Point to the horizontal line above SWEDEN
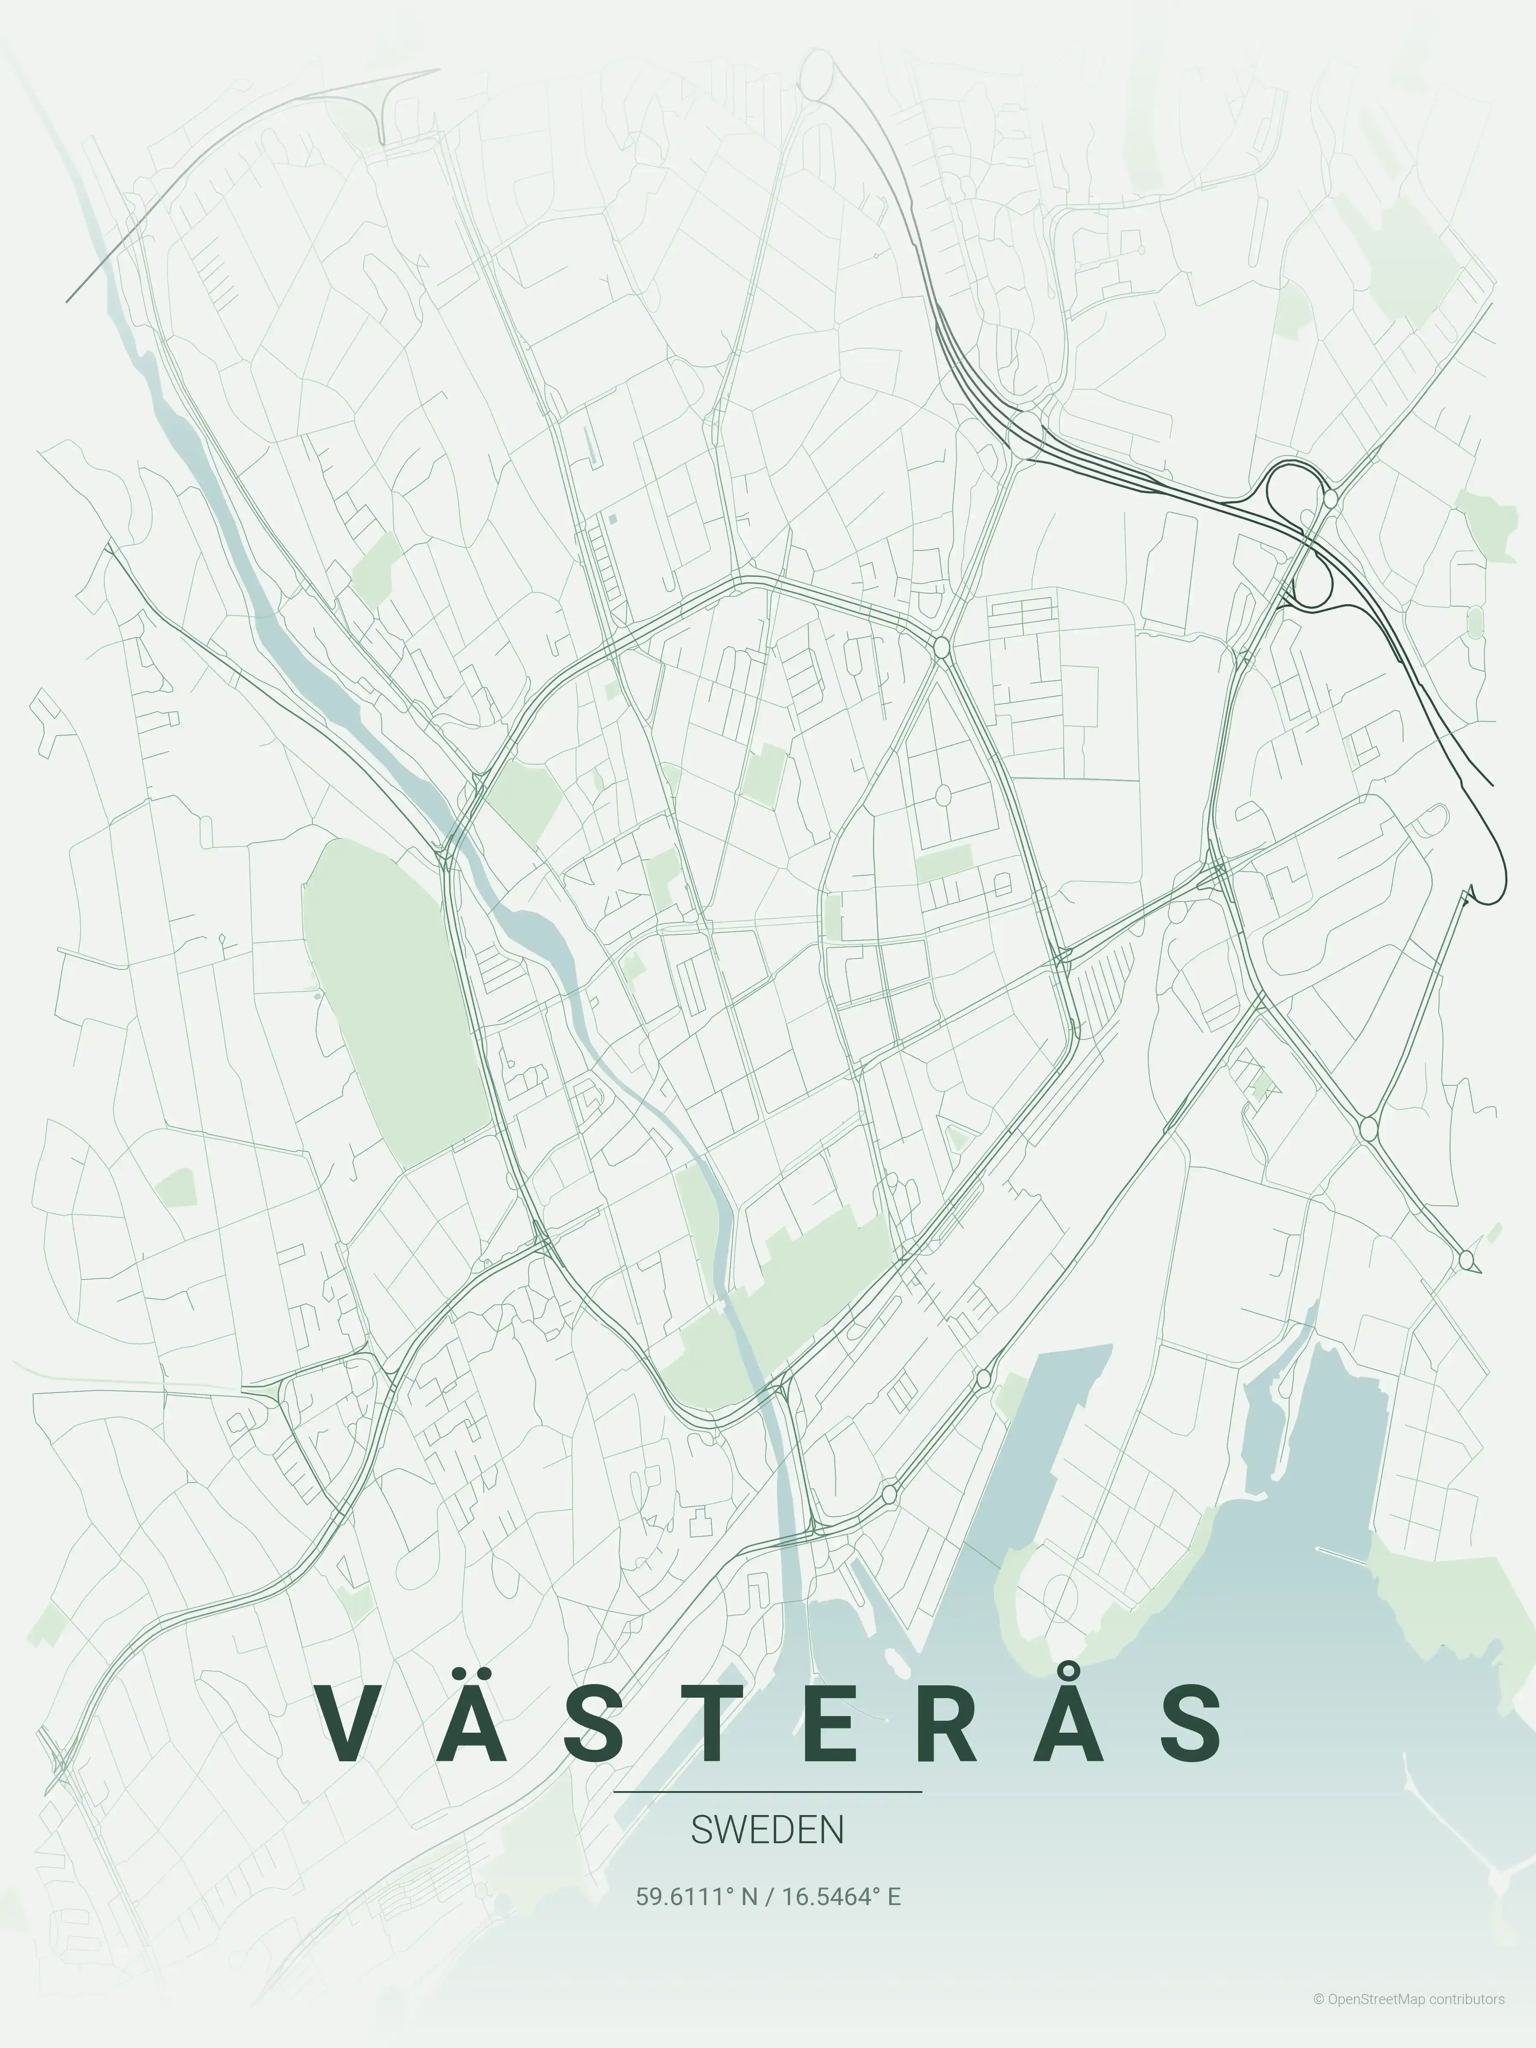click(x=768, y=1792)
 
